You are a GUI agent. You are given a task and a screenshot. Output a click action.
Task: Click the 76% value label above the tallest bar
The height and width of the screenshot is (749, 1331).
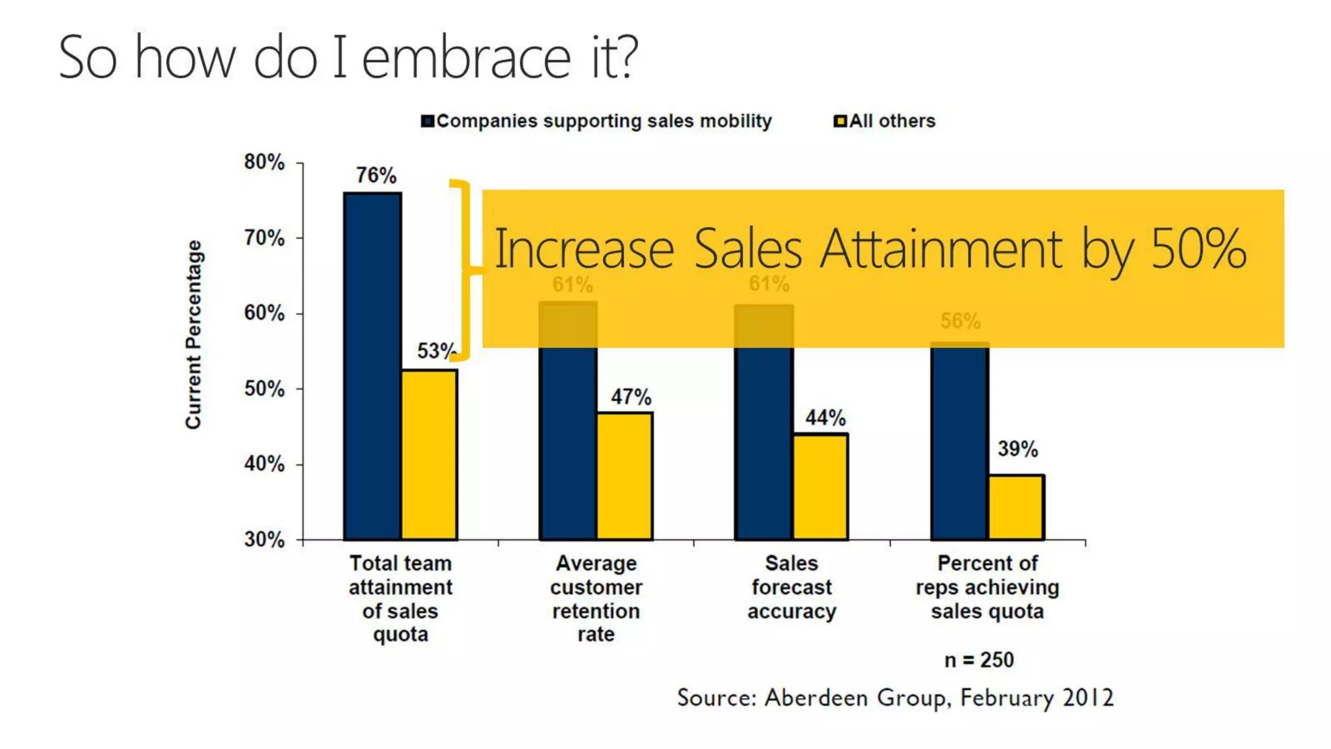pyautogui.click(x=376, y=176)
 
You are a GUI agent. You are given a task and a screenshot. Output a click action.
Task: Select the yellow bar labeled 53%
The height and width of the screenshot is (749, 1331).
pyautogui.click(x=429, y=454)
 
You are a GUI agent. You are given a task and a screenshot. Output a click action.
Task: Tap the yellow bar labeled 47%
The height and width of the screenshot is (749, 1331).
pyautogui.click(x=625, y=476)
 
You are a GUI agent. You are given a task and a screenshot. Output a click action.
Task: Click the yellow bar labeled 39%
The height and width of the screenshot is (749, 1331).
pyautogui.click(x=1016, y=507)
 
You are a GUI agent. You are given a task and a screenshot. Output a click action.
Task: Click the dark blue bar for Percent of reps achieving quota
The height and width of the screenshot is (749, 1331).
pyautogui.click(x=959, y=442)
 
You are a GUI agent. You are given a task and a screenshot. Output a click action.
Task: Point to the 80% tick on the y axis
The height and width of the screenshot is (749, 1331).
pyautogui.click(x=264, y=163)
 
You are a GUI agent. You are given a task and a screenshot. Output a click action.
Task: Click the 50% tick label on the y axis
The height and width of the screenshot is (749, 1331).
pyautogui.click(x=264, y=389)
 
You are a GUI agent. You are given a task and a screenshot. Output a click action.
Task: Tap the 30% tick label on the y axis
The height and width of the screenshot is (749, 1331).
pyautogui.click(x=264, y=540)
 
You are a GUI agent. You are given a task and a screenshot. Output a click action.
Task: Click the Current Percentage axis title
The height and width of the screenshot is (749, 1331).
pyautogui.click(x=194, y=334)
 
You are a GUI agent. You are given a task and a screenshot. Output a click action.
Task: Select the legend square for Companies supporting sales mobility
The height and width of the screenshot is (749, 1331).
pyautogui.click(x=427, y=122)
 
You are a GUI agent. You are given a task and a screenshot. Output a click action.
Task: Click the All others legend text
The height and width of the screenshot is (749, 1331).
pyautogui.click(x=892, y=122)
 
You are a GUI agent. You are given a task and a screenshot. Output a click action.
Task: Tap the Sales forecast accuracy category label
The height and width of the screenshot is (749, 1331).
pyautogui.click(x=791, y=587)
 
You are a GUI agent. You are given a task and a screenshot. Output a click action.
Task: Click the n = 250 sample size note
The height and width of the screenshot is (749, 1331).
pyautogui.click(x=978, y=660)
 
